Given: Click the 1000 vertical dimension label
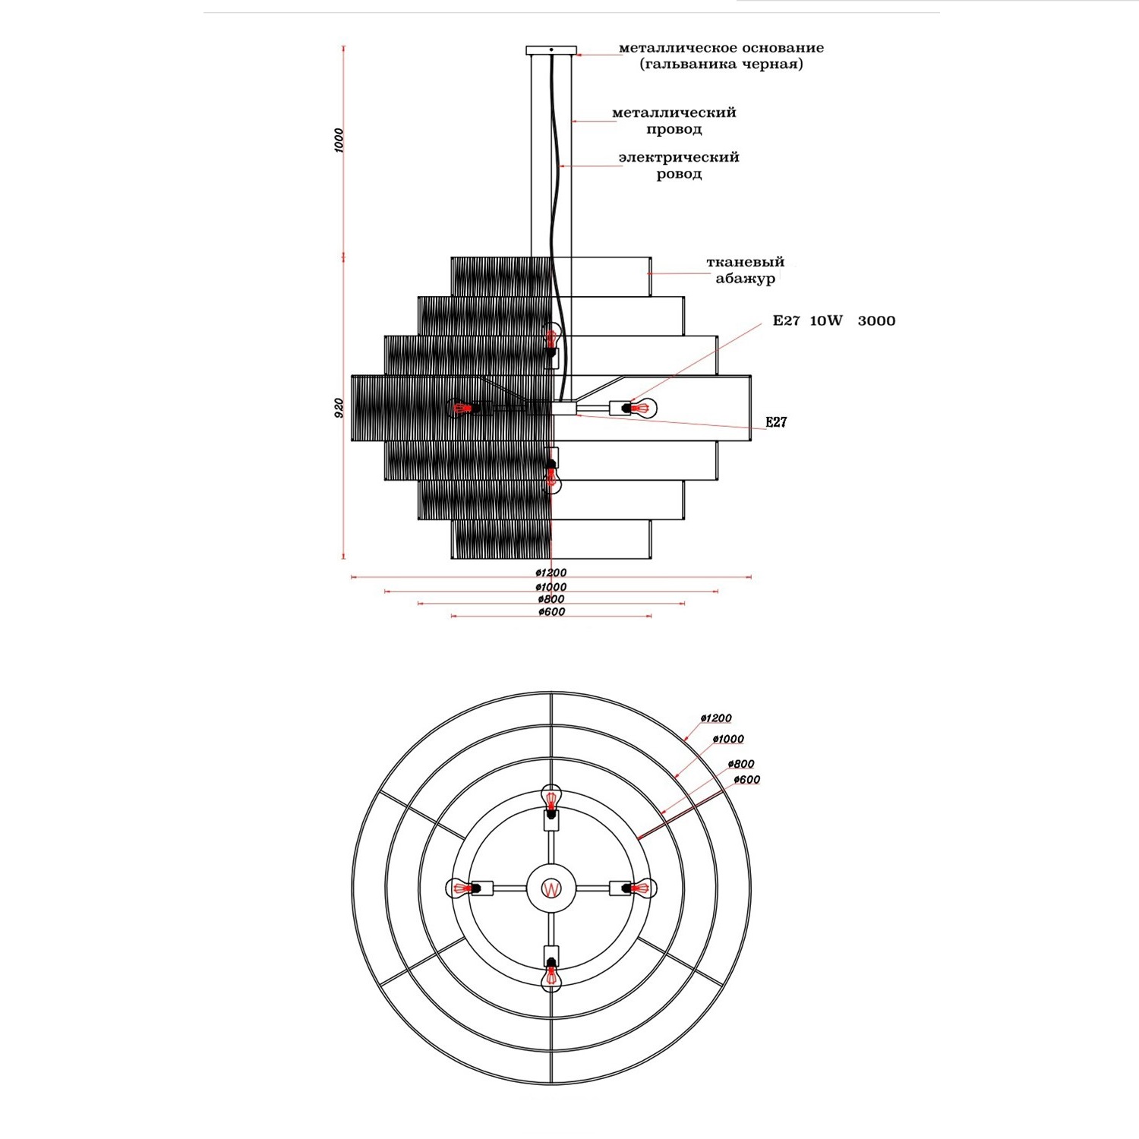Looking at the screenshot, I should tap(339, 140).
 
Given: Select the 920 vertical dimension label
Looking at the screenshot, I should tap(339, 408).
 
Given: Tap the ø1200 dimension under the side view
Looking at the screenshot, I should tap(551, 573).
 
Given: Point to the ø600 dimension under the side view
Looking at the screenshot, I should tap(551, 612).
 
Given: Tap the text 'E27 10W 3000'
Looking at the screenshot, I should tap(834, 320).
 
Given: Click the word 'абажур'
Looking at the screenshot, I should tap(745, 279).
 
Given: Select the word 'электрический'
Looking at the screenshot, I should tap(678, 158).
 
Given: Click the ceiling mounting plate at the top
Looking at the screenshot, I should tap(551, 51).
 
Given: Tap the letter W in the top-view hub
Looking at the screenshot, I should tap(551, 888).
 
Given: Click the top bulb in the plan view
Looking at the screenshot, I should tap(551, 800).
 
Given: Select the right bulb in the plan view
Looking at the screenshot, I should tap(643, 888).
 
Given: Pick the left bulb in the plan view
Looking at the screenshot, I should tap(459, 888).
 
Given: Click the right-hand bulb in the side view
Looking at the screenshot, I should tap(642, 409).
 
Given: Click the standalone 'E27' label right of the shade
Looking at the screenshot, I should tap(775, 422).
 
